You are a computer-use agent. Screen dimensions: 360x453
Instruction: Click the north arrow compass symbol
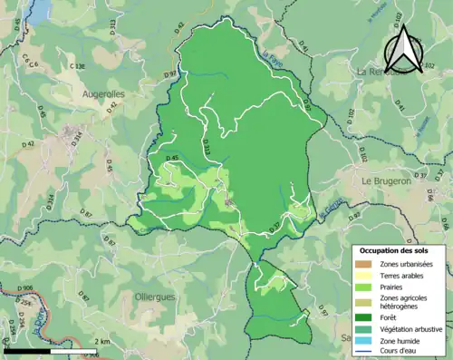pyautogui.click(x=403, y=50)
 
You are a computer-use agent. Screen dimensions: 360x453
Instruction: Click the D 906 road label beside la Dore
pyautogui.click(x=25, y=288)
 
